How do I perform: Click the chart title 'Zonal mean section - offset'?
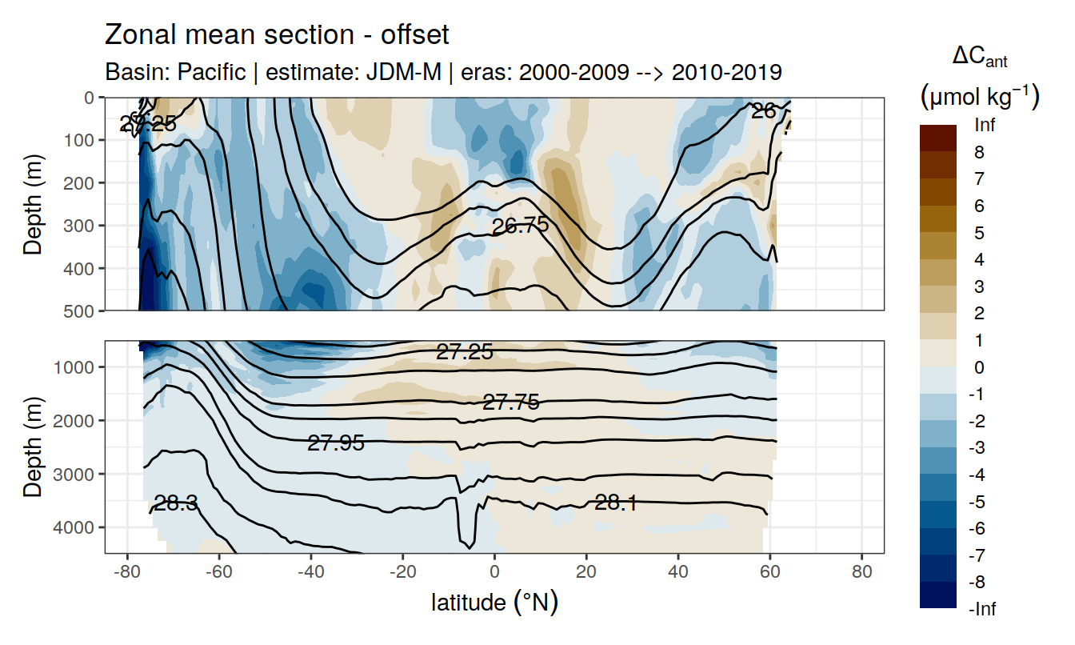(277, 35)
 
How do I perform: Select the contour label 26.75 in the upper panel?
(520, 226)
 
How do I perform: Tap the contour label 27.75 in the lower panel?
(511, 403)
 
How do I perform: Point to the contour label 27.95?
(336, 443)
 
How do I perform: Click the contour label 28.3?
(177, 503)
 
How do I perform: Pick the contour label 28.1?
(616, 503)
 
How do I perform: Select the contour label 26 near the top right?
(764, 111)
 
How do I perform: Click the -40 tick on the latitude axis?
(310, 573)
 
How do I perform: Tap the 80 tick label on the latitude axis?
(861, 573)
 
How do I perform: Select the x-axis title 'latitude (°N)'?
(494, 603)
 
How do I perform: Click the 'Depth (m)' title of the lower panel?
(32, 447)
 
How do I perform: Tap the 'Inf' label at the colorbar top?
(986, 125)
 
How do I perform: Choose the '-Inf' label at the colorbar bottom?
(983, 609)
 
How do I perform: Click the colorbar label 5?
(978, 233)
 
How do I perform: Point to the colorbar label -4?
(981, 475)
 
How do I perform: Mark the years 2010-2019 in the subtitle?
(726, 72)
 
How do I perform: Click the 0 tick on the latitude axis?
(494, 573)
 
